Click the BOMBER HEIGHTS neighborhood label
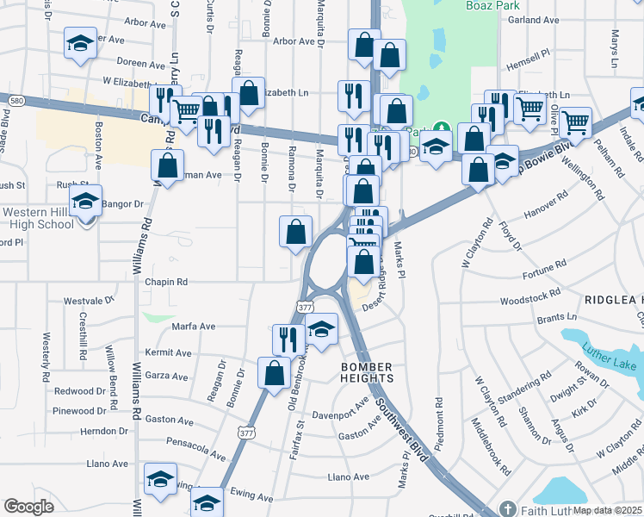click(x=368, y=372)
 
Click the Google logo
click(x=28, y=507)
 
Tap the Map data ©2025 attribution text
click(x=607, y=510)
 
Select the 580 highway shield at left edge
click(x=16, y=102)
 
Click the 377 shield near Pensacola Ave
click(x=247, y=433)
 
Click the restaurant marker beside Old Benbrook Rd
click(x=287, y=339)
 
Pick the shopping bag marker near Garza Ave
click(x=274, y=373)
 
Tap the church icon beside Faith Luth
click(x=508, y=509)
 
